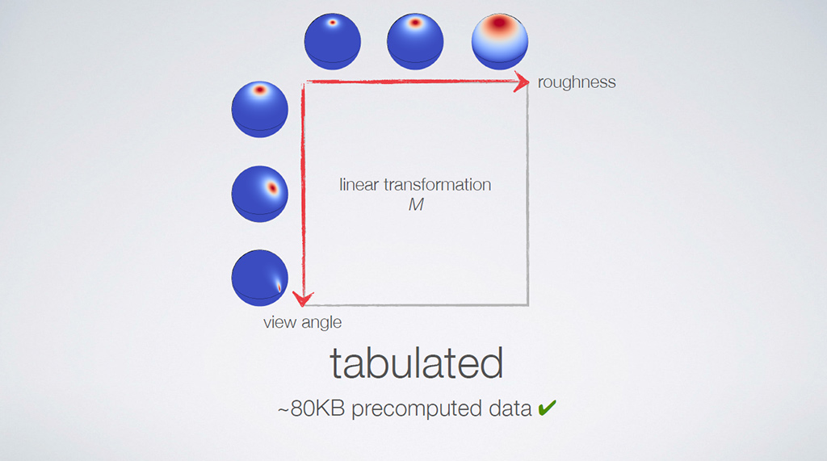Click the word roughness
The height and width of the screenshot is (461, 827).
[x=577, y=82]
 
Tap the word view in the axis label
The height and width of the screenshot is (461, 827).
[x=277, y=322]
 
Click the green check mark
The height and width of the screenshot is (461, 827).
[x=547, y=407]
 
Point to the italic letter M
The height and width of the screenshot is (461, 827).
[x=416, y=204]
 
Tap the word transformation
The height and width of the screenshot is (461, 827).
[x=438, y=185]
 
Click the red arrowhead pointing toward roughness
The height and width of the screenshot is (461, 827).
[x=522, y=82]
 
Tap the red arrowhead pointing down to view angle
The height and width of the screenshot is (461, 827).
[x=304, y=299]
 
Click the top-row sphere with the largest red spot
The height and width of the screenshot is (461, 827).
[x=499, y=42]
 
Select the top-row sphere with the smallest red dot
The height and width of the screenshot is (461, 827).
[x=332, y=42]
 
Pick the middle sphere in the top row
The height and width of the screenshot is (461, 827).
[x=415, y=42]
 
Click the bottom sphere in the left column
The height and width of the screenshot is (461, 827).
[x=259, y=278]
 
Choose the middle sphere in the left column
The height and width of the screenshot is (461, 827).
[x=259, y=194]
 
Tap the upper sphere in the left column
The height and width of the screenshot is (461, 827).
[x=259, y=110]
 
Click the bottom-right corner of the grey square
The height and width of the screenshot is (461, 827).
[x=527, y=304]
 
